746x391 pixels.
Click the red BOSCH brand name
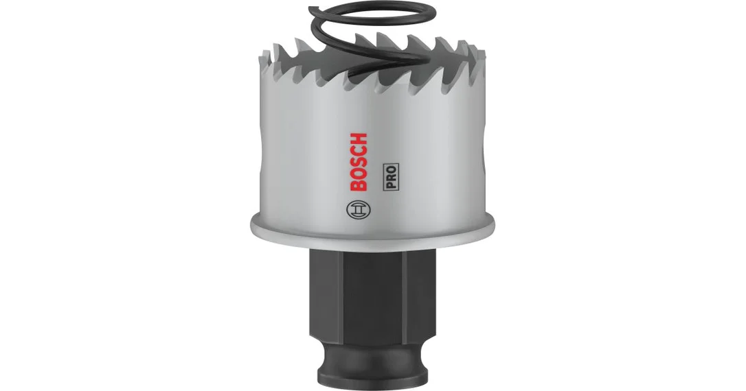(359, 162)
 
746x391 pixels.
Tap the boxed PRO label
(392, 177)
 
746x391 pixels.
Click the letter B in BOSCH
(359, 185)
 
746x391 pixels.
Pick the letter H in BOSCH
(359, 140)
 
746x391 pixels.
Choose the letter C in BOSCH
(359, 152)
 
